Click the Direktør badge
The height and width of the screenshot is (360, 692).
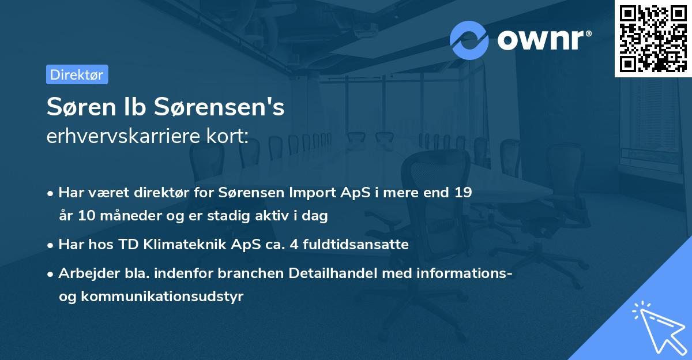(77, 74)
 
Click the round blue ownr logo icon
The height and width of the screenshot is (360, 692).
(469, 40)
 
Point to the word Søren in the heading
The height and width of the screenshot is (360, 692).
(74, 107)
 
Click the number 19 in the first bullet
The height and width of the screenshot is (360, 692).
(463, 193)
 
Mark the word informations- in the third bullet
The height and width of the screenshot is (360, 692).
(465, 273)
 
